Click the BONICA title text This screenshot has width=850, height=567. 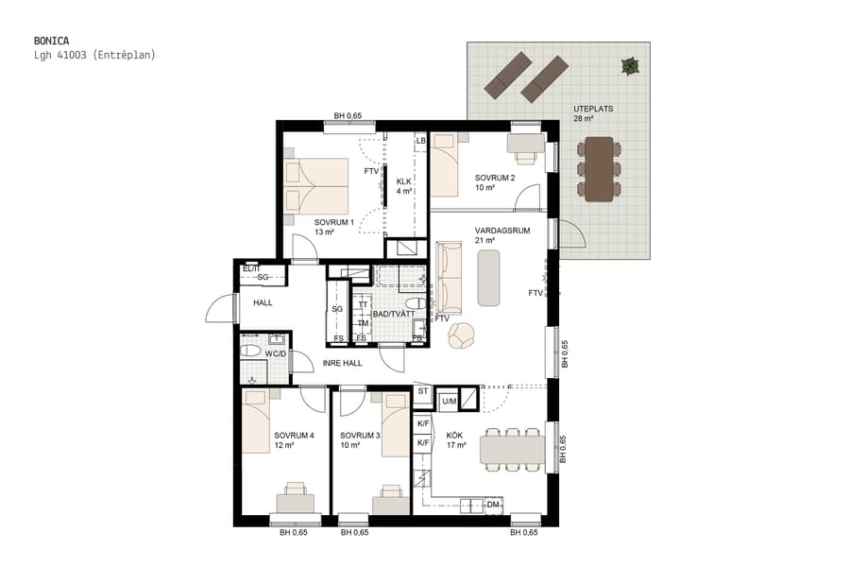(50, 41)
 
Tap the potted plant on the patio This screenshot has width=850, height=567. (629, 66)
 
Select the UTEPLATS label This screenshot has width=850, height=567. (593, 109)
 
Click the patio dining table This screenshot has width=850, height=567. (599, 169)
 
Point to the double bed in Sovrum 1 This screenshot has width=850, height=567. (317, 186)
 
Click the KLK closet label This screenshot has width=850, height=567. (403, 181)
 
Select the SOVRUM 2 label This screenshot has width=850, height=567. (494, 178)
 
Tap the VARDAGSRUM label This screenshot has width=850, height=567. (501, 230)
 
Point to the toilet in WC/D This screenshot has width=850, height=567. (251, 351)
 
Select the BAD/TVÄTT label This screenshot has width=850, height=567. (391, 313)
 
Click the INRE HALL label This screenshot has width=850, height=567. (342, 363)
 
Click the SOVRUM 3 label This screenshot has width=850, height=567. (360, 436)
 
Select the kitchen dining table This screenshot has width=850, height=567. (512, 449)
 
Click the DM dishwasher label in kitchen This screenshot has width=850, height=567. (492, 505)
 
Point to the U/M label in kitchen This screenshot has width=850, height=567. (449, 402)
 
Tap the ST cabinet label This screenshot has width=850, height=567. (422, 390)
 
